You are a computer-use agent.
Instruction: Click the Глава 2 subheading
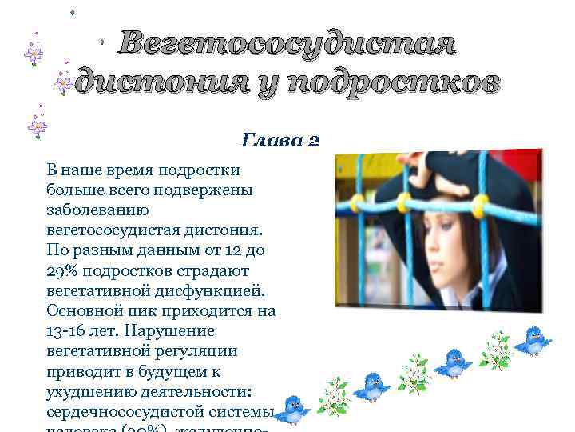click(280, 141)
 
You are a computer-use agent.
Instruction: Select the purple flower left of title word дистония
click(63, 82)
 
